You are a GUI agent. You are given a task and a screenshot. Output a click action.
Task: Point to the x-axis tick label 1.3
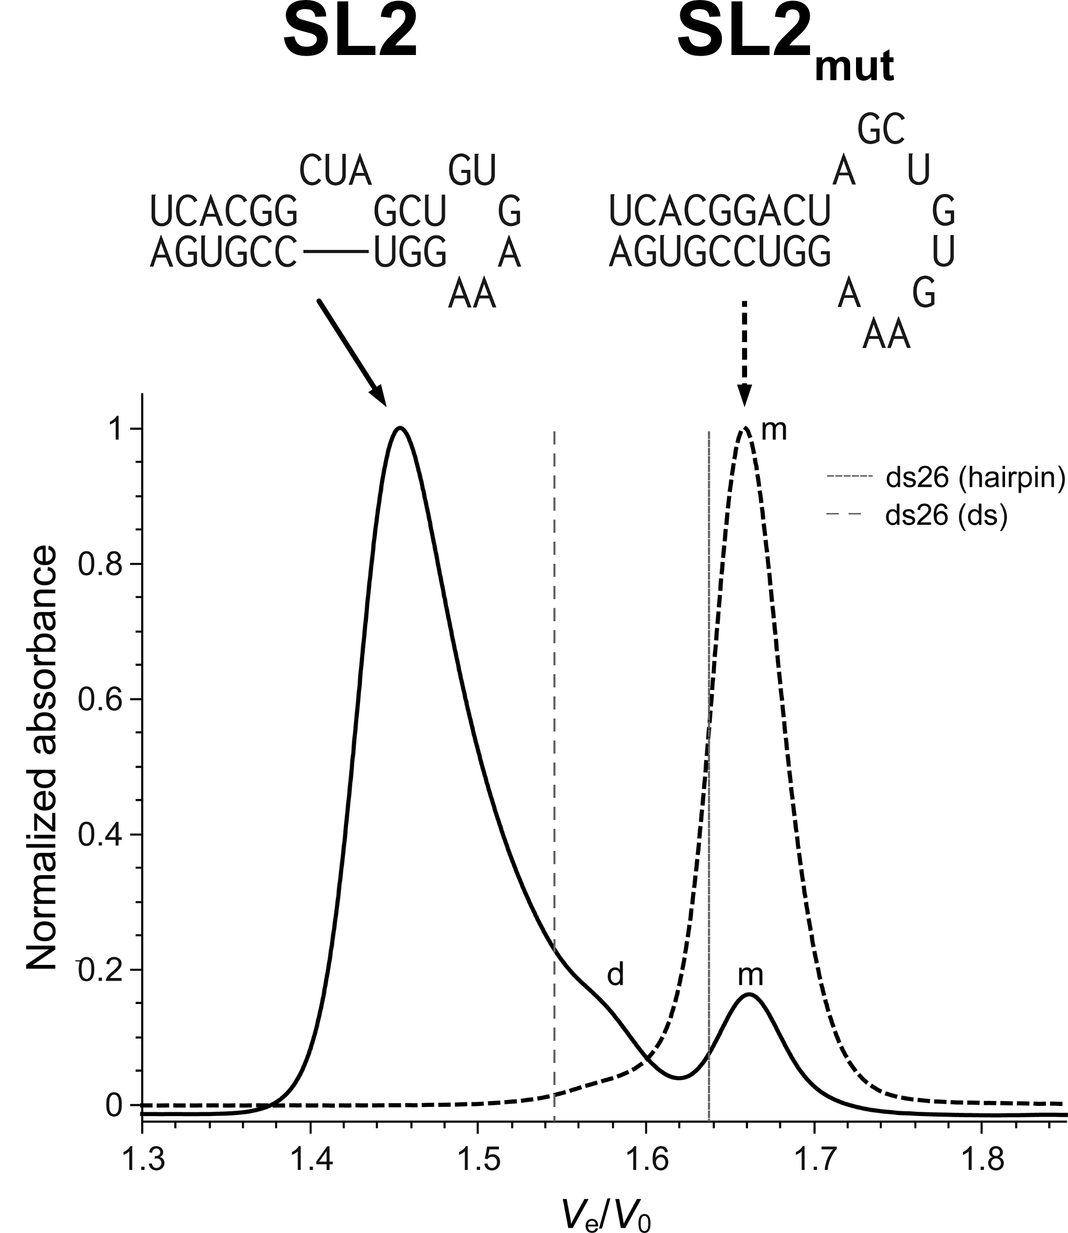(142, 1159)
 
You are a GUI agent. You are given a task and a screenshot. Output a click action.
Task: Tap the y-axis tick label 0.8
(100, 564)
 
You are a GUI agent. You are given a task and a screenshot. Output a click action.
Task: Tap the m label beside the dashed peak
(774, 430)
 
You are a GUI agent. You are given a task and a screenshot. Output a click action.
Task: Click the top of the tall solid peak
(400, 428)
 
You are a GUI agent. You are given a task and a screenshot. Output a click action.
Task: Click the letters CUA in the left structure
(335, 170)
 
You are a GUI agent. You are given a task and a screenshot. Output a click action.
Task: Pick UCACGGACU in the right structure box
(719, 211)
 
